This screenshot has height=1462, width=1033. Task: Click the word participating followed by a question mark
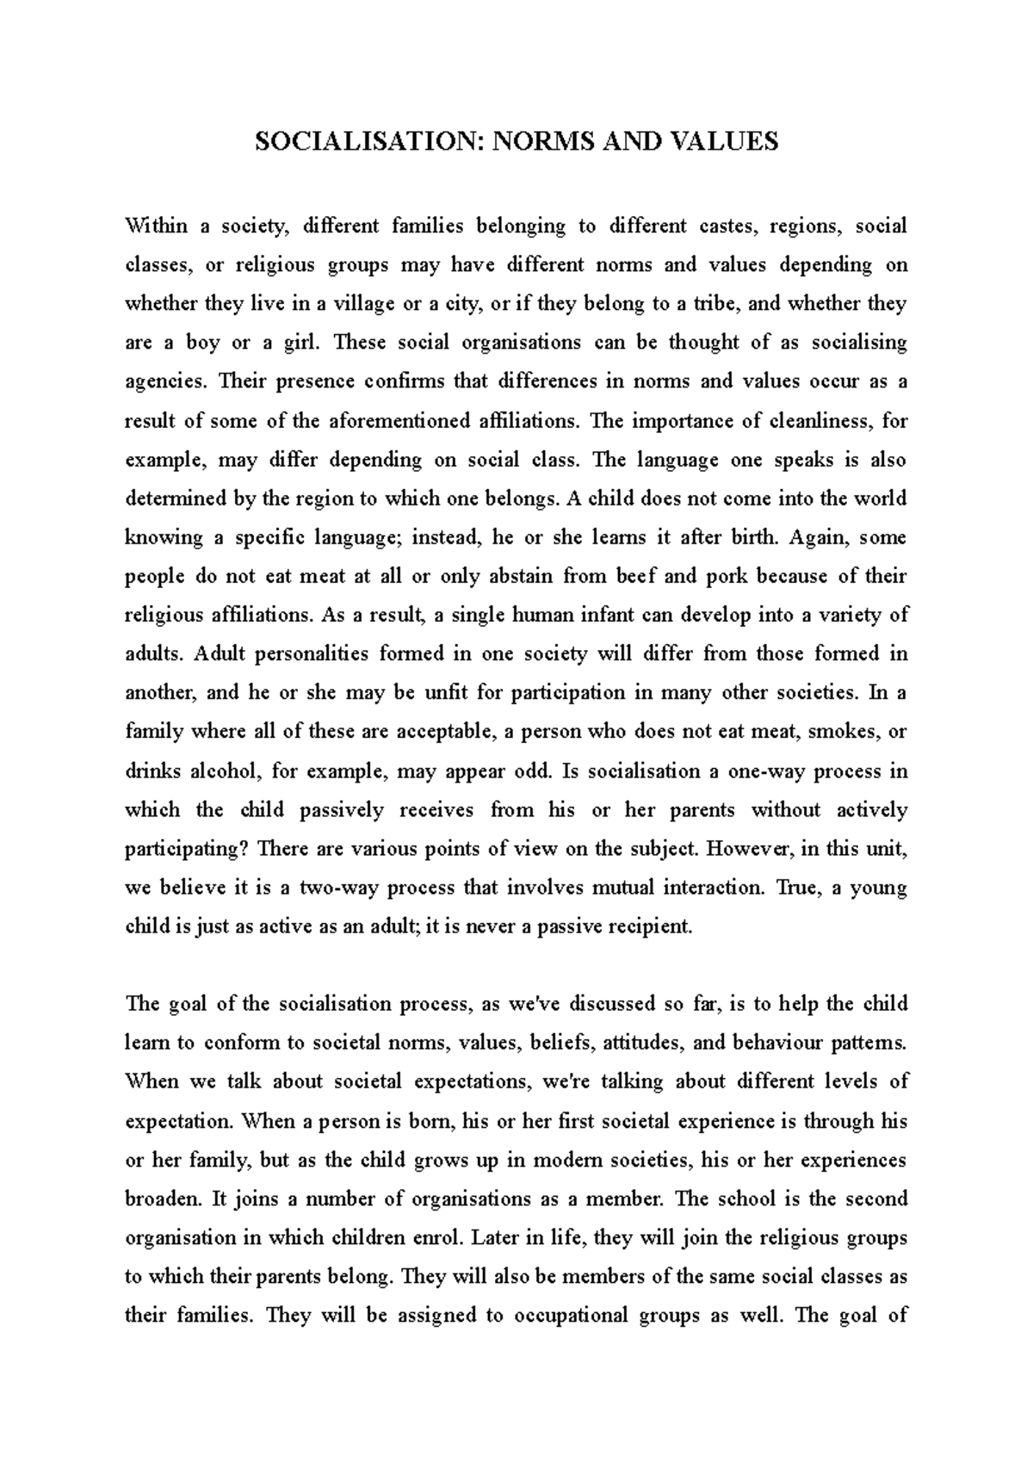pyautogui.click(x=186, y=848)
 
